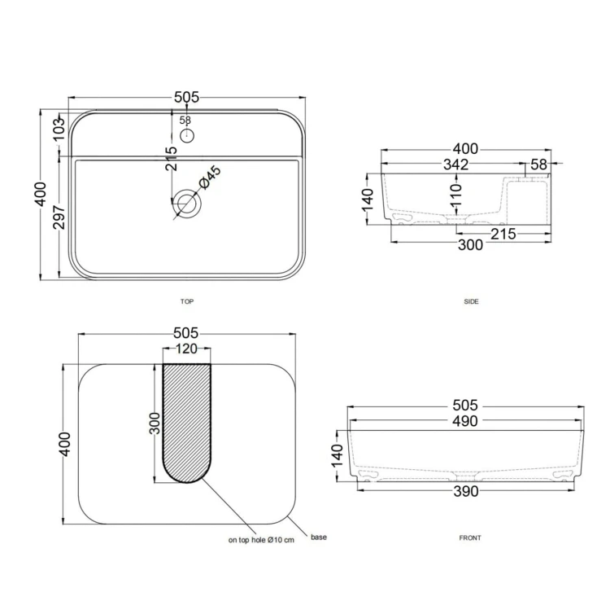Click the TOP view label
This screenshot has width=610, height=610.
187,301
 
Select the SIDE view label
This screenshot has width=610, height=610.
471,301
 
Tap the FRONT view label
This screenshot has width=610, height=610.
470,538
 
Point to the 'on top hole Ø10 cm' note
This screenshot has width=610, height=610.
260,540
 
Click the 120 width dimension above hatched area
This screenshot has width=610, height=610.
186,349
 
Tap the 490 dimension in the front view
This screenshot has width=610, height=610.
464,421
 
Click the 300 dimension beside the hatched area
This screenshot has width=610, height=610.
155,423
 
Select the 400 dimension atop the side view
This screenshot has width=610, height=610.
465,149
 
